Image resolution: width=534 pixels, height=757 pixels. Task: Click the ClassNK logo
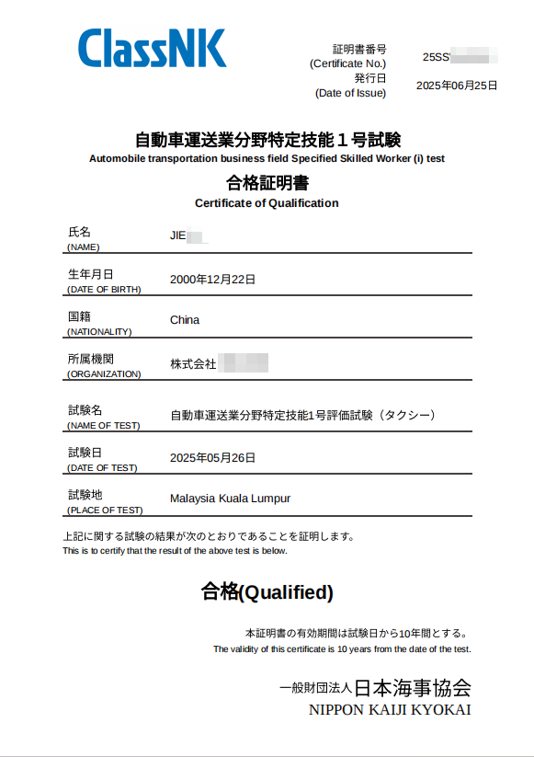point(152,48)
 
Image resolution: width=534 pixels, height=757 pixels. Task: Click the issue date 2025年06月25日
point(457,86)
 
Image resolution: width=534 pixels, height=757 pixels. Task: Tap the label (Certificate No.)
point(348,63)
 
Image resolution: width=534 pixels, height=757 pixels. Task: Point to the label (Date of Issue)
point(350,93)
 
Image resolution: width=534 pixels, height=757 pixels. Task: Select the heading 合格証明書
point(267,182)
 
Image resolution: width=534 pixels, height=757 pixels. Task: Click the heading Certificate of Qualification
point(267,203)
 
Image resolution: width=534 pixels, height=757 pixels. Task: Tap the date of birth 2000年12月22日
point(212,279)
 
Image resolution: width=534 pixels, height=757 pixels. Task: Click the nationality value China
point(185,320)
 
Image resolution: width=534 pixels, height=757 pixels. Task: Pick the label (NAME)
point(84,247)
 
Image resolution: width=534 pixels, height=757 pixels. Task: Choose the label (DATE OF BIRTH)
point(104,289)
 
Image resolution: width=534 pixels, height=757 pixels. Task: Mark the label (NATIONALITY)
point(99,331)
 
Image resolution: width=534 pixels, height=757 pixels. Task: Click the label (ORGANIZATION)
point(104,373)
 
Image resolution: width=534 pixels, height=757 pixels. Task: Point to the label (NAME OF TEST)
point(103,425)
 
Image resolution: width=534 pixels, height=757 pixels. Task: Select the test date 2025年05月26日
point(212,457)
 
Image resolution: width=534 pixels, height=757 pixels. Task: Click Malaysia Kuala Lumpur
point(230,499)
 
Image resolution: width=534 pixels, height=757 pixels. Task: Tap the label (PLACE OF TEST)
point(105,510)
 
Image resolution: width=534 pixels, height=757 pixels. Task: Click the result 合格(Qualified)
point(267,592)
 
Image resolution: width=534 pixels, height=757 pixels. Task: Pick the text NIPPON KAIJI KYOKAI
point(390,709)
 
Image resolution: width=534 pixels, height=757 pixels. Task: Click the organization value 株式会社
point(193,363)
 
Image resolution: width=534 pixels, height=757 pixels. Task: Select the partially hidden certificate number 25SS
point(436,57)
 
